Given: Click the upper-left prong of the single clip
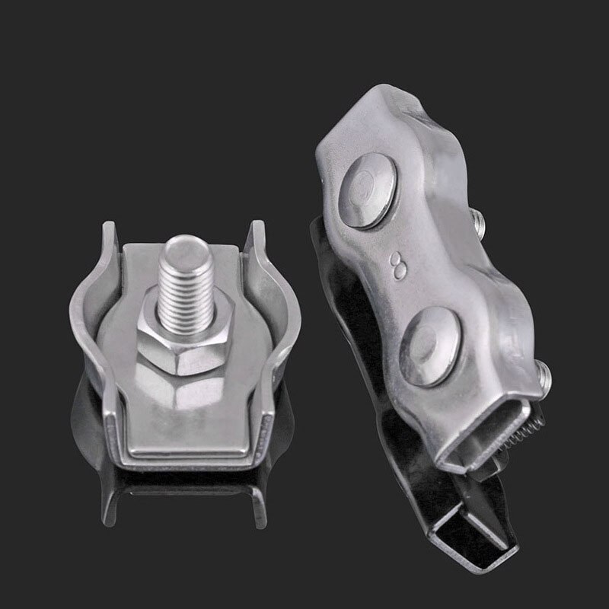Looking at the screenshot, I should click(107, 236).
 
